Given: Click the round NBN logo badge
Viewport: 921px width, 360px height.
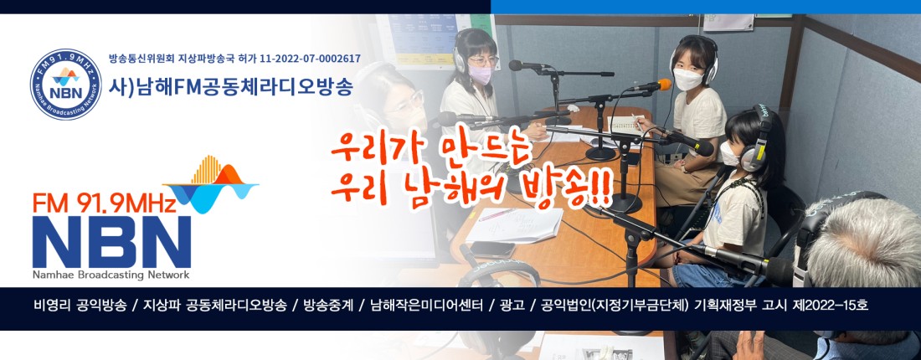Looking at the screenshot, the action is click(66, 85).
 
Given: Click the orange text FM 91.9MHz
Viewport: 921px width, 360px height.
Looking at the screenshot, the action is click(105, 203).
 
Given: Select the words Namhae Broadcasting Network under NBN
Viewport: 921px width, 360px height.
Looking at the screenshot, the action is click(111, 275).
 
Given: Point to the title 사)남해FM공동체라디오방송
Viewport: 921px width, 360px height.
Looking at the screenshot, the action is click(231, 87).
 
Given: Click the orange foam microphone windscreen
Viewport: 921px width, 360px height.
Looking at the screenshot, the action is click(664, 85).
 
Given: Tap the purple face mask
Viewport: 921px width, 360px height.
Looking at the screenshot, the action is click(480, 74).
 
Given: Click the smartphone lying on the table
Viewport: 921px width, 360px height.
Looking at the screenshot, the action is click(492, 249).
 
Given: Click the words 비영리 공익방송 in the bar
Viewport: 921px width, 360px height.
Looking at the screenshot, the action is click(80, 306).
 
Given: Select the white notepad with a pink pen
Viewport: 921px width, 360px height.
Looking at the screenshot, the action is click(515, 225).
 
